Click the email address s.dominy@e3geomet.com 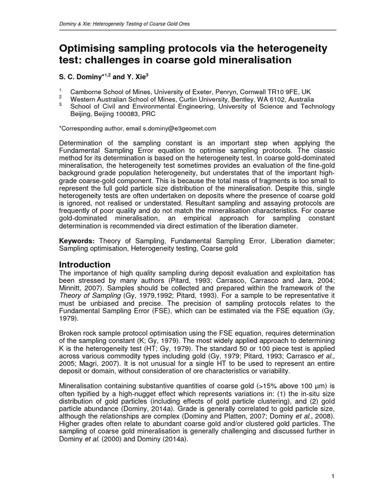179,128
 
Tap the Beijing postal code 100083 117,114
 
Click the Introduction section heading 85,264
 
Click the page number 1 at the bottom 332,476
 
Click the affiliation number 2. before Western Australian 61,98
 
